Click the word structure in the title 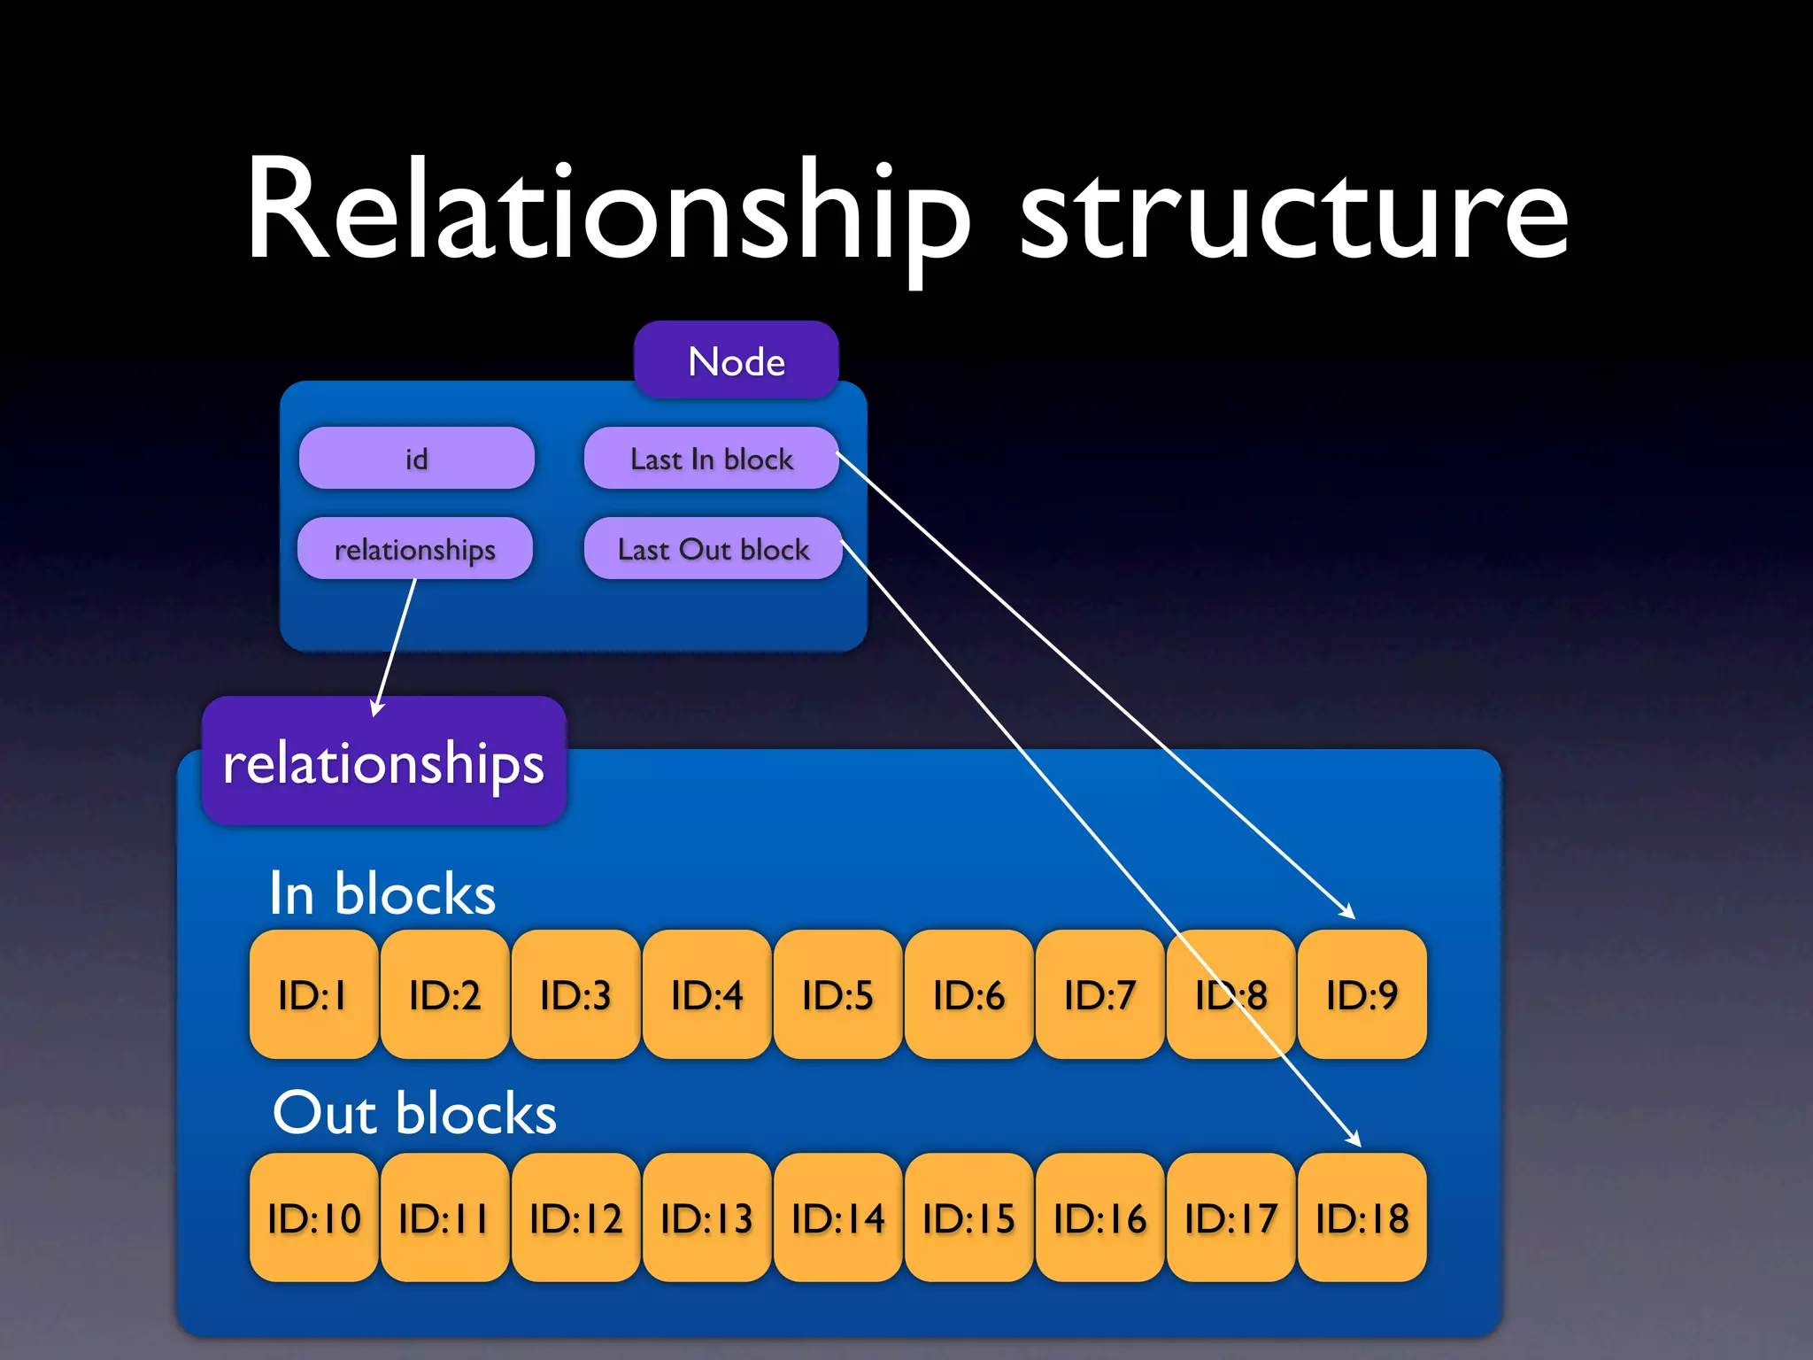click(x=1294, y=217)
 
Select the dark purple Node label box click(x=736, y=360)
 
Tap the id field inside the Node click(x=416, y=458)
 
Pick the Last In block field click(x=711, y=458)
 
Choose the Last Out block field click(x=713, y=549)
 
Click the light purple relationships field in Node click(x=414, y=549)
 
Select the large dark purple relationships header click(x=383, y=761)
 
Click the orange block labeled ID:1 click(x=313, y=994)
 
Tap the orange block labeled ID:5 click(x=837, y=994)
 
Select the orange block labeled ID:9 click(x=1362, y=994)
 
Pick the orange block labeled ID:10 click(x=313, y=1217)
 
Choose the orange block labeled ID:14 click(x=837, y=1217)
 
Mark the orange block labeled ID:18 click(x=1362, y=1217)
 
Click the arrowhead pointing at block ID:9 click(x=1348, y=912)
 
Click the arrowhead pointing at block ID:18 click(x=1354, y=1140)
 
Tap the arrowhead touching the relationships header click(x=377, y=708)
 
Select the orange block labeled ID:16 click(x=1099, y=1217)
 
